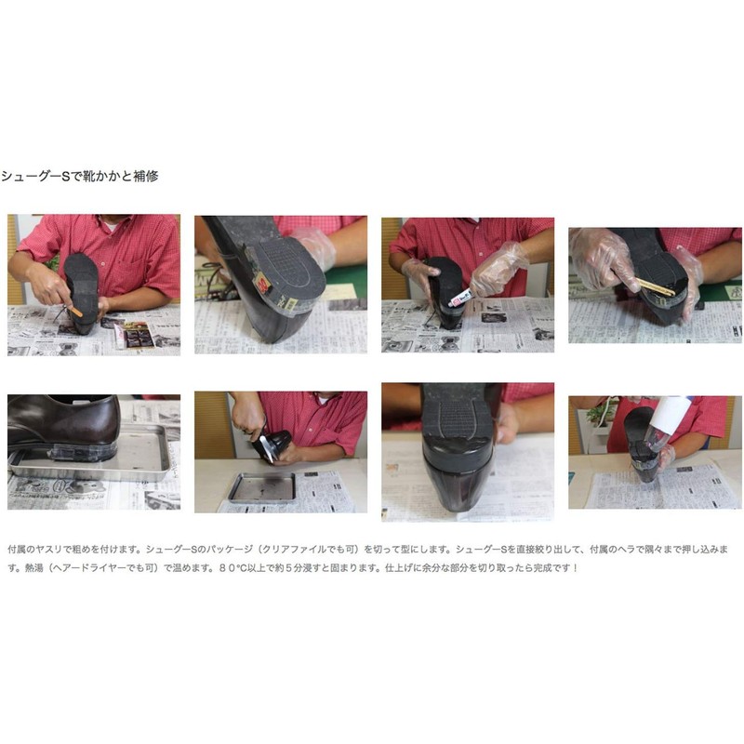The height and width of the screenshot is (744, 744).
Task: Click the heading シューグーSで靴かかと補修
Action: coord(79,176)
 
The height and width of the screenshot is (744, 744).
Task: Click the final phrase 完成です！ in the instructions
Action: coord(556,566)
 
